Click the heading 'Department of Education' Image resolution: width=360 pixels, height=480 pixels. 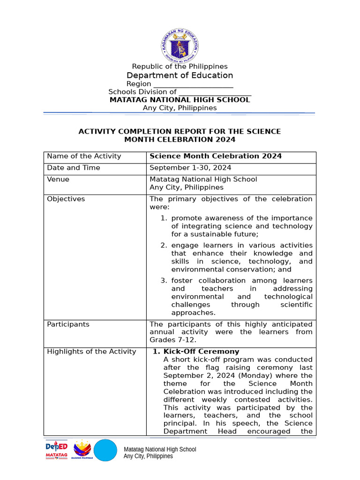180,75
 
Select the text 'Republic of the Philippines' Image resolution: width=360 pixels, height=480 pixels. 180,67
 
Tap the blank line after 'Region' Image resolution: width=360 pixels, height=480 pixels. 193,84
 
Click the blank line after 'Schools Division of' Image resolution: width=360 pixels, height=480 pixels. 215,92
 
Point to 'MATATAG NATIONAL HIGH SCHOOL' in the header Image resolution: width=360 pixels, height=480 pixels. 180,100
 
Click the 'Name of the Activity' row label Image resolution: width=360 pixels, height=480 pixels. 84,156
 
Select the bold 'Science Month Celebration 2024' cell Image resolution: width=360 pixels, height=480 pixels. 216,156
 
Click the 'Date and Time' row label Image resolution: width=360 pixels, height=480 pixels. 74,168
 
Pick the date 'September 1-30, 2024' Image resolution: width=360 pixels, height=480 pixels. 190,168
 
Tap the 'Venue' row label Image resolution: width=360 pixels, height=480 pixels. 58,180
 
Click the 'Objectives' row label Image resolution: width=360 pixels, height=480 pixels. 66,199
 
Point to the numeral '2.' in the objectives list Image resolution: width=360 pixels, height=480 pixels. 164,246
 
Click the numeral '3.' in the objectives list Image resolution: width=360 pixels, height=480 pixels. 164,281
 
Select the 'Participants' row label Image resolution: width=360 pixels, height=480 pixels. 68,324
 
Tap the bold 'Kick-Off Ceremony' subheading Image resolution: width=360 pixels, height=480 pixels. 201,352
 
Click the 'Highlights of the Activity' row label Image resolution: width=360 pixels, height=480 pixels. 91,352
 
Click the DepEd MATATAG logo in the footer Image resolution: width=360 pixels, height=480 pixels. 56,450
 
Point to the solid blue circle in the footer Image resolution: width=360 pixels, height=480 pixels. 105,450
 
